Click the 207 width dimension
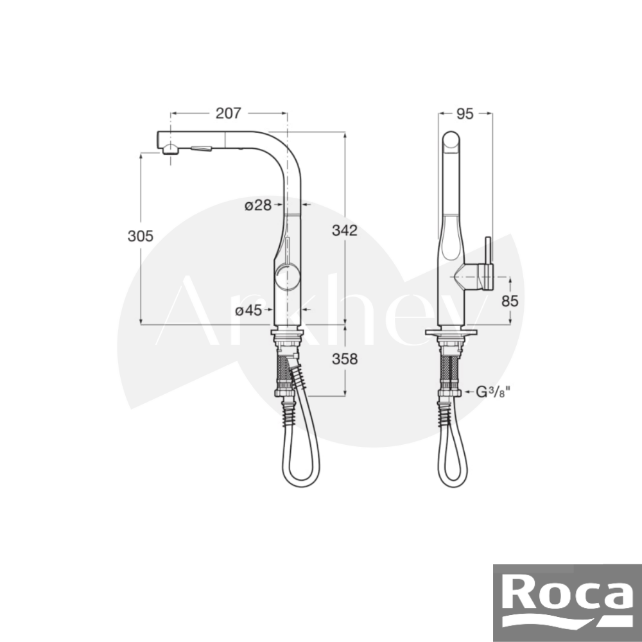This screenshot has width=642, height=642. pos(229,114)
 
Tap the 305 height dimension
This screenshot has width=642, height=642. pos(141,236)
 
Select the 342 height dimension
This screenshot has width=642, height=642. pos(344,230)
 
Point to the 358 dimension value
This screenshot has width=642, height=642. pos(344,359)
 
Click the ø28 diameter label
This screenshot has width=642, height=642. pos(258,205)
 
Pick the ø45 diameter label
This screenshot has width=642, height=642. pos(248,311)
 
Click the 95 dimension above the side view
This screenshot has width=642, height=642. pos(465,114)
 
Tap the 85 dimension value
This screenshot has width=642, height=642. pos(510,301)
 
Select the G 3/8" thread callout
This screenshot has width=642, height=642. pos(493,392)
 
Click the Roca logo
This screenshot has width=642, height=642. pos(568,603)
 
